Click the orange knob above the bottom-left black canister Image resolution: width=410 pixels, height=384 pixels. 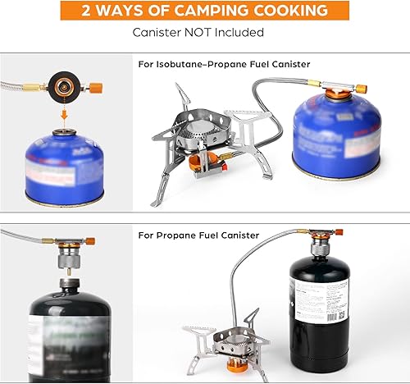tap(89, 242)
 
